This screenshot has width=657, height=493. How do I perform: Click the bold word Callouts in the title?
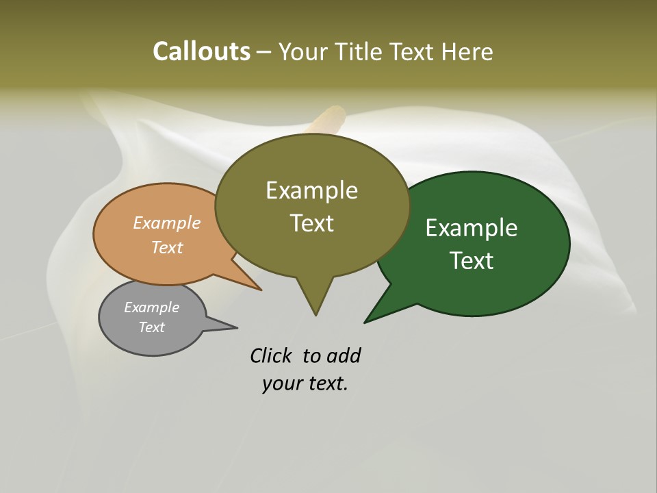201,51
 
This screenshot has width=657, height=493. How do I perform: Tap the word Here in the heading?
467,51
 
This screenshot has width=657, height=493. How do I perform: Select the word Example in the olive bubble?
311,190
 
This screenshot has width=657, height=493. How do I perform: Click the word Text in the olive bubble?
311,223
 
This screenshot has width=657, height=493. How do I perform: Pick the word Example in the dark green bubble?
472,227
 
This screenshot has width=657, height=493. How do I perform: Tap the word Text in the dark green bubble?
472,260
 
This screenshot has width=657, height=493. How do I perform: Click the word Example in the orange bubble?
166,223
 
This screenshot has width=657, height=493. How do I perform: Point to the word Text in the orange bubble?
166,247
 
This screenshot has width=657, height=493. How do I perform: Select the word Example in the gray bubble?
151,307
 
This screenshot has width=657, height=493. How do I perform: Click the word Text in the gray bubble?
151,327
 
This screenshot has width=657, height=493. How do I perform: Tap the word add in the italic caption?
344,356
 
